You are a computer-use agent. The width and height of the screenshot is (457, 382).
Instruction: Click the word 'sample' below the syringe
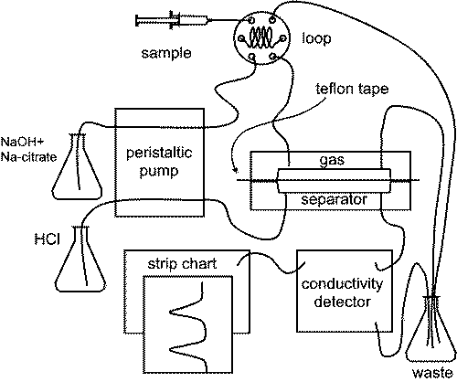pos(166,54)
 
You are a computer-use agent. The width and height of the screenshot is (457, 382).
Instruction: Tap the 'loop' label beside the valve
pos(316,38)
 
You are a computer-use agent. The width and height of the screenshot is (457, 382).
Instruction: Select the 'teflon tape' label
pos(352,89)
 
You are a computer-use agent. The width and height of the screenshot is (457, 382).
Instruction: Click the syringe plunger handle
pos(137,21)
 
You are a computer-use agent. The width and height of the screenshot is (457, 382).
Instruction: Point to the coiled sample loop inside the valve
pos(260,37)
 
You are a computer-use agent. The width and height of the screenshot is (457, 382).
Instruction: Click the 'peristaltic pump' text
pos(159,162)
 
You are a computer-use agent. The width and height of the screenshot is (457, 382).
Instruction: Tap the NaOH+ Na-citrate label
pos(28,150)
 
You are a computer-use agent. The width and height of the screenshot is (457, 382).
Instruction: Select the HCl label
pos(47,239)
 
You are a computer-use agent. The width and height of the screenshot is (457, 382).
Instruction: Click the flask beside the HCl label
pos(80,260)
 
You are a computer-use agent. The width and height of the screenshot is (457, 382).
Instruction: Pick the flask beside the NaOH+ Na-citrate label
pos(77,167)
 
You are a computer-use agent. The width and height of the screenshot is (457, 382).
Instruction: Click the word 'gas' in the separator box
pos(332,161)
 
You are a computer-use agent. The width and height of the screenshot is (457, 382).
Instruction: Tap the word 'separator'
pos(334,200)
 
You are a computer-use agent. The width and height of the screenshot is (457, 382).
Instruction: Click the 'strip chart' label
pos(182,264)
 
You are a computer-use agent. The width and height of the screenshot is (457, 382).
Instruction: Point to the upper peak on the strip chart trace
pos(171,312)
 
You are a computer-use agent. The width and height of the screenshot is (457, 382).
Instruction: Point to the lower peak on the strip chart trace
pos(171,348)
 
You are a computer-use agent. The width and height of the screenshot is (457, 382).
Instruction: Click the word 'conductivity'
pos(342,285)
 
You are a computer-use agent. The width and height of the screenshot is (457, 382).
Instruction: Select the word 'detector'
pos(342,302)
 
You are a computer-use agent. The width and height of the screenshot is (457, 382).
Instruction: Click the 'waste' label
pos(432,373)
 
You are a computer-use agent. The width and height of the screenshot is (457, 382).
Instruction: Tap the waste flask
pos(431,329)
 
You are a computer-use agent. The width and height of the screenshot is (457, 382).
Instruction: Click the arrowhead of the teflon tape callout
pos(235,170)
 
